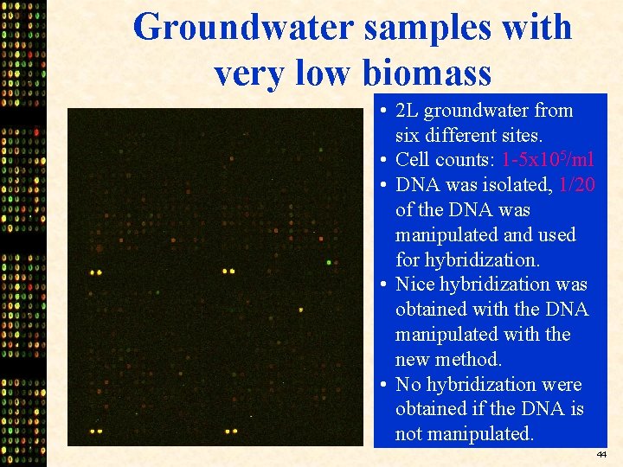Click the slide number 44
pyautogui.click(x=602, y=454)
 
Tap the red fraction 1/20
pyautogui.click(x=577, y=185)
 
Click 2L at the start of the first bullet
pyautogui.click(x=407, y=111)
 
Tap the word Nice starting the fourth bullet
pyautogui.click(x=414, y=285)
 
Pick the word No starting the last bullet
pyautogui.click(x=408, y=384)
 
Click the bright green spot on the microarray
pyautogui.click(x=329, y=261)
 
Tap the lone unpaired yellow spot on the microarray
pyautogui.click(x=301, y=309)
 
